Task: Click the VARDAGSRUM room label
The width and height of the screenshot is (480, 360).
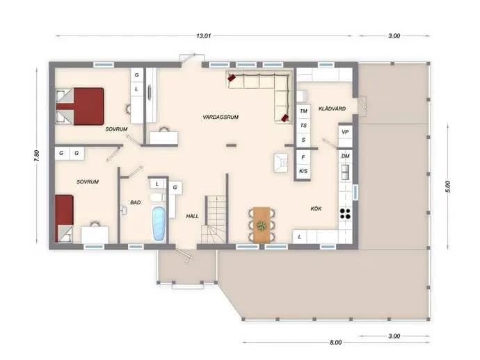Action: (x=221, y=117)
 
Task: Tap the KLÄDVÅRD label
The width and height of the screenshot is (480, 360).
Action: (x=332, y=108)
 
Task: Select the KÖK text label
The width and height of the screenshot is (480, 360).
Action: (x=316, y=208)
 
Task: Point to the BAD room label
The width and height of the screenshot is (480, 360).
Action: (x=136, y=202)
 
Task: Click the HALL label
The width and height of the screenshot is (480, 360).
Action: (x=192, y=216)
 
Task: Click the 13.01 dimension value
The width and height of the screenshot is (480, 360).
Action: (x=204, y=35)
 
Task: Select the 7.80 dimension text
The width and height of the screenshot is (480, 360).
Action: (x=36, y=156)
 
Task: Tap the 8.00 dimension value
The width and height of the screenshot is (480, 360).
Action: (x=335, y=342)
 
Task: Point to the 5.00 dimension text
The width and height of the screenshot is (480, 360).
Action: (x=448, y=186)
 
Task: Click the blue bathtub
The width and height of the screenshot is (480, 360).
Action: (x=159, y=224)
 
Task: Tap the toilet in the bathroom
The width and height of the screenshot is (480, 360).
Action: (x=157, y=197)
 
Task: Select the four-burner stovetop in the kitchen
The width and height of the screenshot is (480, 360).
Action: (x=345, y=213)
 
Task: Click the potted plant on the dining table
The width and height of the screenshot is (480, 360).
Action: (x=262, y=227)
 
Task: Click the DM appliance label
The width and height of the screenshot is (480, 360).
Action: (x=345, y=156)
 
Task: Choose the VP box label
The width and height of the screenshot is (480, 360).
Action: (x=345, y=132)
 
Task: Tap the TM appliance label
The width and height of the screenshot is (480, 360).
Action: (x=303, y=111)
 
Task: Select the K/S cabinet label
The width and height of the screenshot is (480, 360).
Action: (x=303, y=171)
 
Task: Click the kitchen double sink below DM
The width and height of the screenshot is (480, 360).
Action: (x=345, y=172)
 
